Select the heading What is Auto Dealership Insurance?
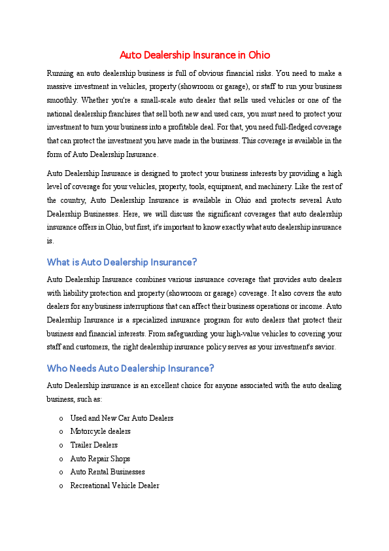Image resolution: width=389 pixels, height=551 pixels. pyautogui.click(x=122, y=262)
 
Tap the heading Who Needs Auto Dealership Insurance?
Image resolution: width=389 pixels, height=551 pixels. pyautogui.click(x=130, y=368)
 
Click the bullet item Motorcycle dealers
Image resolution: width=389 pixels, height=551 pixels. pyautogui.click(x=100, y=431)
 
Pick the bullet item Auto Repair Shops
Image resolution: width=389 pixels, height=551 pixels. pyautogui.click(x=100, y=459)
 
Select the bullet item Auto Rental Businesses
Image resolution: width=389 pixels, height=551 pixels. pyautogui.click(x=107, y=472)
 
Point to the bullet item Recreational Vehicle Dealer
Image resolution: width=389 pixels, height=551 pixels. pyautogui.click(x=114, y=486)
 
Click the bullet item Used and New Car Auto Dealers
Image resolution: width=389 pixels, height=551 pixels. pyautogui.click(x=122, y=418)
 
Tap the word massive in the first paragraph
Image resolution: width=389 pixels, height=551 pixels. pyautogui.click(x=60, y=86)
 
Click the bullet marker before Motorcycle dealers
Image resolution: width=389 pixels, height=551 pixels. pyautogui.click(x=61, y=432)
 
